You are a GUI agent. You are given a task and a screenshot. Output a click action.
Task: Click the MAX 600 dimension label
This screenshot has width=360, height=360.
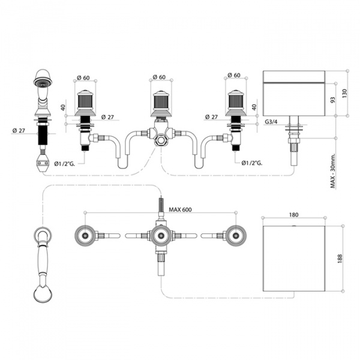(x=180, y=209)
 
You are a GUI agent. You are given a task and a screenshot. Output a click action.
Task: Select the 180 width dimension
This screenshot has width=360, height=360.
(x=293, y=215)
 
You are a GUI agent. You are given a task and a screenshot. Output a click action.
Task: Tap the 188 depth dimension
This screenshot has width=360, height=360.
(x=340, y=259)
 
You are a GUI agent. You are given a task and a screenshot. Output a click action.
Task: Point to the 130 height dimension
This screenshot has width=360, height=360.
(x=344, y=93)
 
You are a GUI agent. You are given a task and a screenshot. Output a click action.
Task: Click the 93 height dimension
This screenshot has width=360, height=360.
(x=332, y=100)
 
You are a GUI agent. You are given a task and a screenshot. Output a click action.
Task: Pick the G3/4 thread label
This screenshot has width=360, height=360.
(x=271, y=122)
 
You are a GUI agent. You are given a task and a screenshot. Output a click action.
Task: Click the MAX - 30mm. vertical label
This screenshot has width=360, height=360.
(x=333, y=171)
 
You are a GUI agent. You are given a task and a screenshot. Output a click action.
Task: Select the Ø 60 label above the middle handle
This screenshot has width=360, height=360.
(x=159, y=77)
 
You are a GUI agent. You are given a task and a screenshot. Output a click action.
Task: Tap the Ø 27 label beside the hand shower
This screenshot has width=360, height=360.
(x=19, y=130)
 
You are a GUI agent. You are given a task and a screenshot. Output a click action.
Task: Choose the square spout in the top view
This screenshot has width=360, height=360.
(x=293, y=258)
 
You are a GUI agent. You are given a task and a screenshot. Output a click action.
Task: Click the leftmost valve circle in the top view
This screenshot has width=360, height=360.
(x=85, y=236)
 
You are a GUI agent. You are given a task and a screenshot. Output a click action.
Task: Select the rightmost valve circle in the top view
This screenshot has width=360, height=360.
(x=236, y=236)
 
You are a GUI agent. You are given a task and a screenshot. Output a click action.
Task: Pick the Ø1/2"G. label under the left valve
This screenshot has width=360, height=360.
(x=65, y=163)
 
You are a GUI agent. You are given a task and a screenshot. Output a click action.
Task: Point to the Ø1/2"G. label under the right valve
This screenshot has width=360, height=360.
(x=252, y=163)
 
